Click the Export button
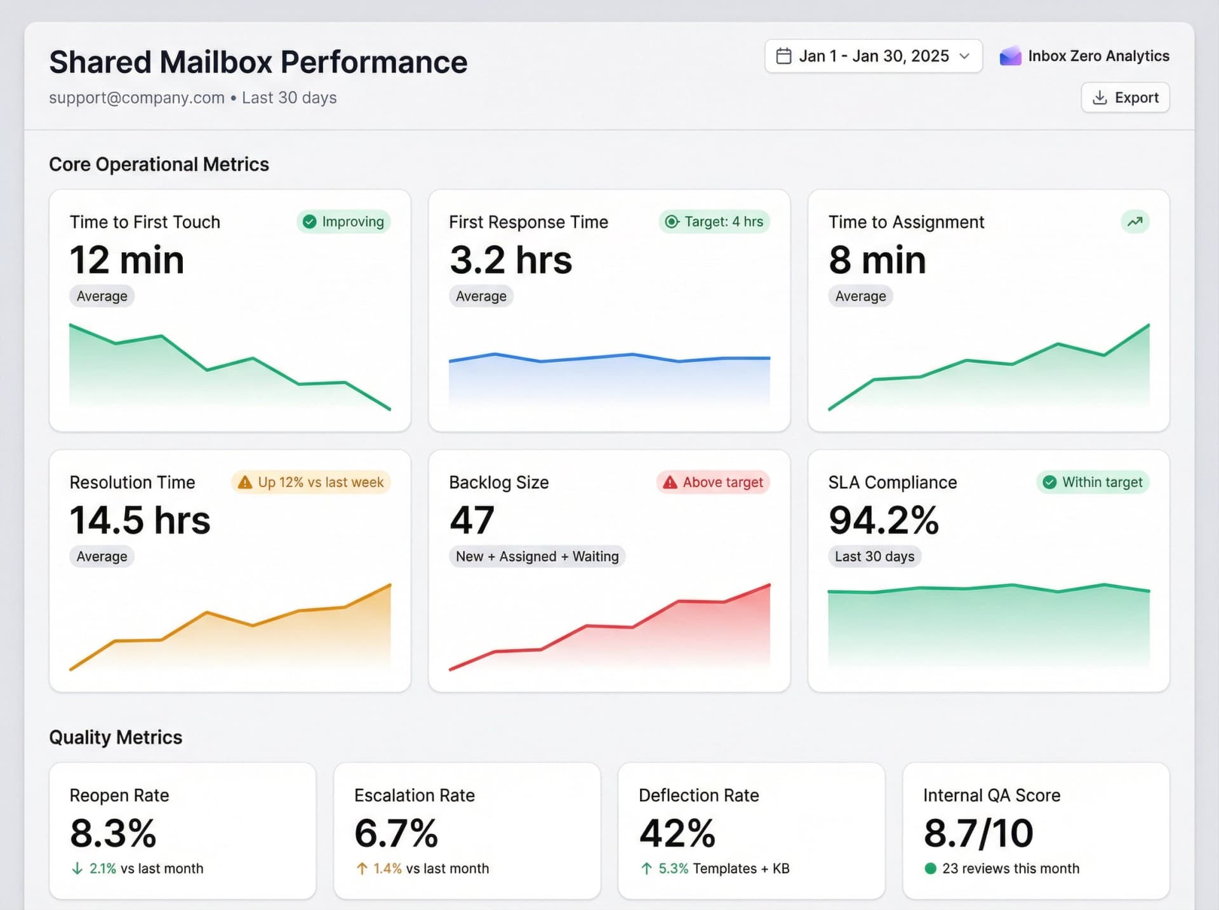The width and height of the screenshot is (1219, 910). tap(1125, 98)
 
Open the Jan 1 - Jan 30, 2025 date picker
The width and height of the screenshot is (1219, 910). tap(873, 57)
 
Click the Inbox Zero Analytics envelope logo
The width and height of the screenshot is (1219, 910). tap(1010, 57)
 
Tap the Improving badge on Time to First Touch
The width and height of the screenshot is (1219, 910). tap(343, 222)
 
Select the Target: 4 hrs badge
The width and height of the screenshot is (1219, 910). tap(714, 222)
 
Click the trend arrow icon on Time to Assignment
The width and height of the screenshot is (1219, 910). tap(1135, 222)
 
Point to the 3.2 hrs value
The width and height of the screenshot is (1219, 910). tap(511, 260)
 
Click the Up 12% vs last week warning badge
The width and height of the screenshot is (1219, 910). tap(311, 482)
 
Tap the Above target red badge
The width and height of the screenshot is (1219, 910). tap(713, 482)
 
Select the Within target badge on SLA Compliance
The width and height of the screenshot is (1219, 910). tap(1093, 482)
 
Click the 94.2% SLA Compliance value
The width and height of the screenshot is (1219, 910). tap(883, 520)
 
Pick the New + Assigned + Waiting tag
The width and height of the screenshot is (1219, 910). tap(537, 556)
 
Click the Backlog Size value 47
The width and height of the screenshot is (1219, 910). tap(472, 520)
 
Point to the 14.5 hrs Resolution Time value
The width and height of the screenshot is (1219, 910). tap(140, 520)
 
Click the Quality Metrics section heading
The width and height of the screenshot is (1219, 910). tap(116, 737)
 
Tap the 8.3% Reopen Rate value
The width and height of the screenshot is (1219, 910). tap(113, 833)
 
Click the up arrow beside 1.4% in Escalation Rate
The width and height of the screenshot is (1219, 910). tap(362, 868)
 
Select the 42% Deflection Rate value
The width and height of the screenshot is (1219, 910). tap(677, 833)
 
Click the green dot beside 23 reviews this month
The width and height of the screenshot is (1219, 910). tap(931, 868)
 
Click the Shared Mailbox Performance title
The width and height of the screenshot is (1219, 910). tap(258, 62)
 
